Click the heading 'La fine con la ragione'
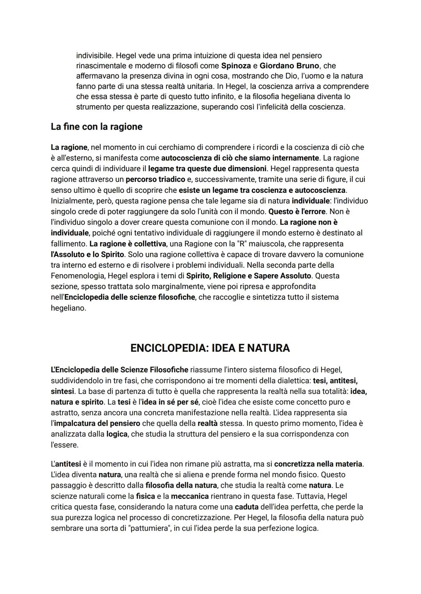point(96,127)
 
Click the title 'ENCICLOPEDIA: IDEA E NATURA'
point(210,348)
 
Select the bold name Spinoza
point(236,65)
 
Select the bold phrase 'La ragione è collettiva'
point(128,243)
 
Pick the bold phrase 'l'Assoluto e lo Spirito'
point(87,254)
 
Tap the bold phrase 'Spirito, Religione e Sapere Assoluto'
point(248,276)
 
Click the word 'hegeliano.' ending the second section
point(68,308)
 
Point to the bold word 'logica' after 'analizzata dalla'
point(117,434)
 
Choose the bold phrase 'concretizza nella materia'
point(318,464)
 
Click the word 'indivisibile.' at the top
point(95,55)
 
